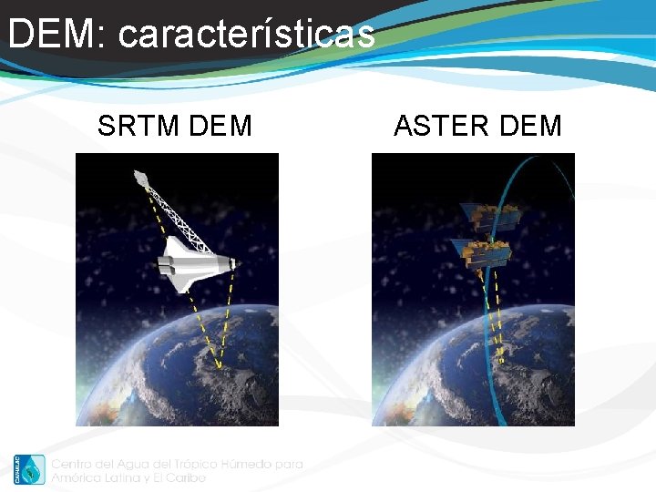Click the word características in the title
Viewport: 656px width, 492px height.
pyautogui.click(x=246, y=35)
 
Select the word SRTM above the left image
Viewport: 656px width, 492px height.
pyautogui.click(x=137, y=126)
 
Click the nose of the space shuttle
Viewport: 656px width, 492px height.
pyautogui.click(x=234, y=263)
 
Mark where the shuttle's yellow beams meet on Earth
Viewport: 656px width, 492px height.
pyautogui.click(x=218, y=366)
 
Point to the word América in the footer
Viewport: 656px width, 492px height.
pyautogui.click(x=77, y=477)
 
